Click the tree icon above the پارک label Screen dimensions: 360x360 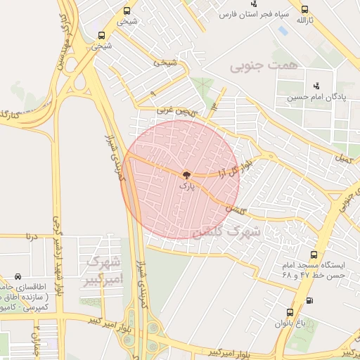coord(186,175)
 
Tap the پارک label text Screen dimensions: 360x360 coord(186,186)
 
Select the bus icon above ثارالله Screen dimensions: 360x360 coord(304,10)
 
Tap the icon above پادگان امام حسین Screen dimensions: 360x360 coord(316,86)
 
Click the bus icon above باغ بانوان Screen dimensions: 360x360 coord(290,312)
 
